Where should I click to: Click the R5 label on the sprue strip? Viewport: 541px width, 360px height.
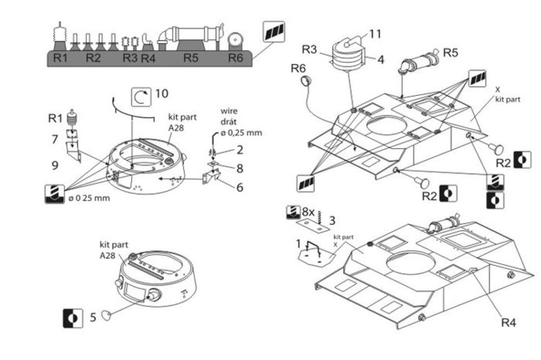click(190, 58)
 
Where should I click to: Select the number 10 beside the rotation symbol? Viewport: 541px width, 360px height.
click(161, 94)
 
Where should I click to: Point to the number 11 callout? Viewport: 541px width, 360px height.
click(375, 34)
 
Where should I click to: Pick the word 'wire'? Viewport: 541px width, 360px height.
click(229, 111)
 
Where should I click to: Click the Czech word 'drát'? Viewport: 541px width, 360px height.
click(229, 122)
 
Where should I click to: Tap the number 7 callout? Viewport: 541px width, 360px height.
click(55, 140)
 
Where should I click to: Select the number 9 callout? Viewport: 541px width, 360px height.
click(55, 165)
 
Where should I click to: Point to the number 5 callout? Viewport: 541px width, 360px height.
click(93, 317)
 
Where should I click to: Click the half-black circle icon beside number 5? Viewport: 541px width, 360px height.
click(73, 317)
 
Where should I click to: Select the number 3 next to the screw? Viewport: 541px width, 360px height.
click(332, 220)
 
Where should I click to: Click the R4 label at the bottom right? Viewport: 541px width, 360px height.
click(509, 323)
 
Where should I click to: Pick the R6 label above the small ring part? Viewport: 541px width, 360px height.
click(299, 68)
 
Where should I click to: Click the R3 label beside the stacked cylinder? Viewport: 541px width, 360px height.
click(309, 50)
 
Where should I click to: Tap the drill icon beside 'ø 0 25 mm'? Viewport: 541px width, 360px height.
click(55, 194)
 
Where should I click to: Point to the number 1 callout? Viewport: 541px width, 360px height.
click(298, 243)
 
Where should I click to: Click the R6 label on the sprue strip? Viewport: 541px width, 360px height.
click(236, 58)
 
